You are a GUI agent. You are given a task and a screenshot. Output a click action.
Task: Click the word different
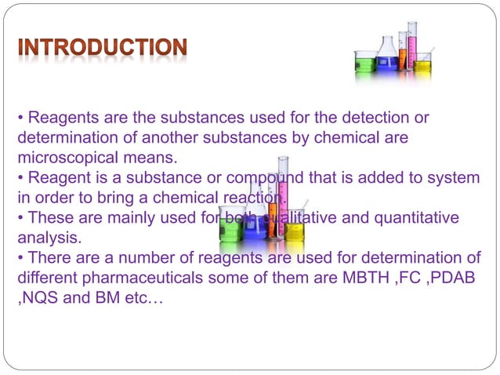point(45,278)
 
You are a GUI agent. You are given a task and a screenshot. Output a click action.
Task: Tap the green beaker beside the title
point(365,63)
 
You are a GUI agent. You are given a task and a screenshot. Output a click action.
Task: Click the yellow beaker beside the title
point(422,66)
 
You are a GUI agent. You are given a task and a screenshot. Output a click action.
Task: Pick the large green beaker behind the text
point(231,224)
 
